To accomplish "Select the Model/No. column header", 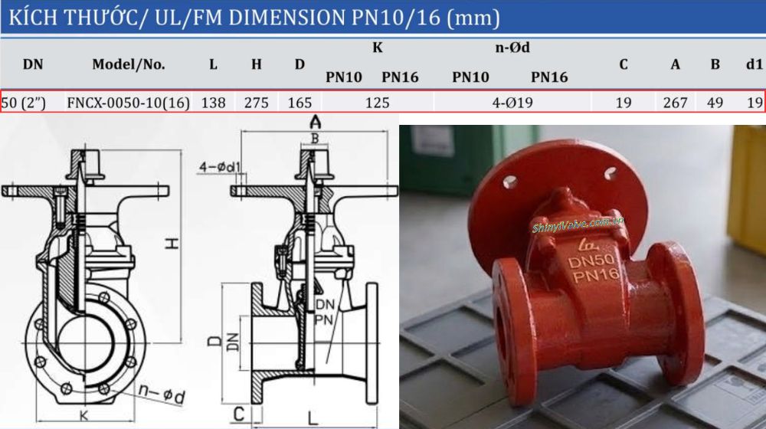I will point(129,64).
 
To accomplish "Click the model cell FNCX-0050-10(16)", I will point(129,102).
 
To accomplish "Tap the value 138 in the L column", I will point(213,102).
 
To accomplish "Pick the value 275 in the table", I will point(256,102).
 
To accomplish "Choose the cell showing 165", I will point(300,102).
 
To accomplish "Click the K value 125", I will point(377,102).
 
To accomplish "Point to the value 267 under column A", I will point(675,102).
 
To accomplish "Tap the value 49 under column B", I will point(715,102).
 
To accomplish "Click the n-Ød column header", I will point(512,48).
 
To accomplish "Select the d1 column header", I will point(754,64).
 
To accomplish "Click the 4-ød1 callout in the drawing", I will point(220,166).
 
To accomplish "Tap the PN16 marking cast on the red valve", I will point(594,277).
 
